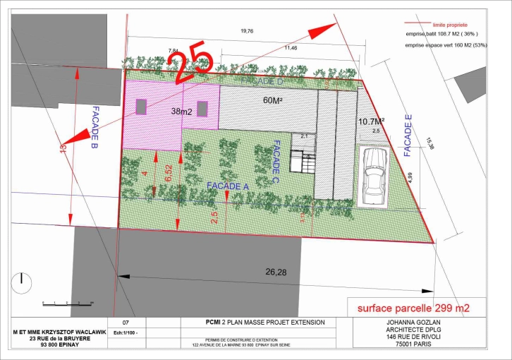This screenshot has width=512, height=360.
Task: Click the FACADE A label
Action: (227, 185)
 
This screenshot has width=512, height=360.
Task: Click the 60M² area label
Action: (273, 101)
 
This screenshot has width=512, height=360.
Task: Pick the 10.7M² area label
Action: (370, 121)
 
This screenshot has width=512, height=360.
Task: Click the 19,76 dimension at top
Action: (248, 30)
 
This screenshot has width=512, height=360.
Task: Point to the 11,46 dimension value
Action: (291, 48)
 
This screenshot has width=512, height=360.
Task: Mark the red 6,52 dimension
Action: (168, 174)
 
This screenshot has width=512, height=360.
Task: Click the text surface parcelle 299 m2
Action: (413, 308)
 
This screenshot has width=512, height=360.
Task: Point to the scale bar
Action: (68, 302)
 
